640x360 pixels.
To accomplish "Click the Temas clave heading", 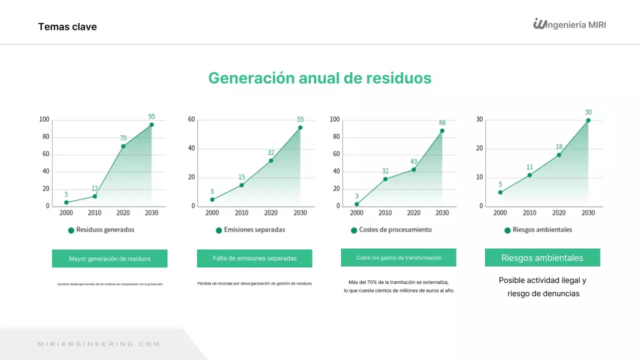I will (x=67, y=27).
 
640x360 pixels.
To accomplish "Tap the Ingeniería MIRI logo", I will (x=569, y=24).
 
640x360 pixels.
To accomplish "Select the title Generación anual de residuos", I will (x=320, y=78).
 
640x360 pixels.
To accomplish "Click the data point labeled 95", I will (x=151, y=124).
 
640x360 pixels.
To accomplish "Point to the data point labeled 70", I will (x=123, y=146).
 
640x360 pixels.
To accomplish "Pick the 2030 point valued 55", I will (x=300, y=127).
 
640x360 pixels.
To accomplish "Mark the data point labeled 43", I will (x=413, y=169).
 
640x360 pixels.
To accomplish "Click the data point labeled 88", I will (x=442, y=130).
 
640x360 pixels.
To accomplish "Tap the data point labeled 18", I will (x=559, y=155).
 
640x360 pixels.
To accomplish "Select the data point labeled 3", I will (x=356, y=204).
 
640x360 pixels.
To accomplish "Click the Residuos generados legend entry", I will (x=101, y=230).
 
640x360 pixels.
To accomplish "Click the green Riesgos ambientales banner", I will (x=542, y=258).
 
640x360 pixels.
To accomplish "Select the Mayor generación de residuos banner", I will (x=109, y=258).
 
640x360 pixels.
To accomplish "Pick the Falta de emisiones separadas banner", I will (x=254, y=258).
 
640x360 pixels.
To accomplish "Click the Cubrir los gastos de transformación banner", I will (x=398, y=258).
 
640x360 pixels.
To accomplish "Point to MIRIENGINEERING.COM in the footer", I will (x=99, y=344).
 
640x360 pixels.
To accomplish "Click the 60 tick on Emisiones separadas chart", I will (x=191, y=119).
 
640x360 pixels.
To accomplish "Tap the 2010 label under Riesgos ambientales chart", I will (x=529, y=213).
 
